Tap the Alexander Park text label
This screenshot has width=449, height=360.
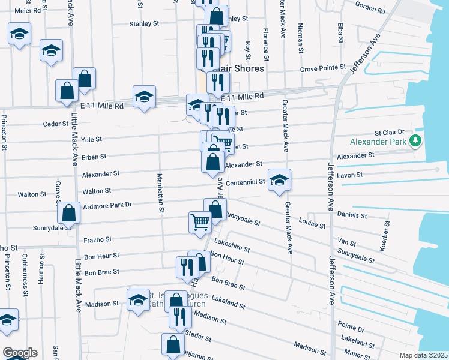click(x=378, y=142)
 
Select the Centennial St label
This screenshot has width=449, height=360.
click(x=245, y=182)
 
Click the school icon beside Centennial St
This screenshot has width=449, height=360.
click(x=279, y=179)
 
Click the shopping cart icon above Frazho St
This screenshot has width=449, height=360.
click(x=200, y=222)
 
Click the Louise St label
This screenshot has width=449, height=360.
click(x=313, y=223)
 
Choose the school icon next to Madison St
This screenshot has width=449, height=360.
click(x=138, y=299)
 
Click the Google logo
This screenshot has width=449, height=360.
click(x=20, y=353)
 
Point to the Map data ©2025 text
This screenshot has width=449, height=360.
click(x=423, y=355)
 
